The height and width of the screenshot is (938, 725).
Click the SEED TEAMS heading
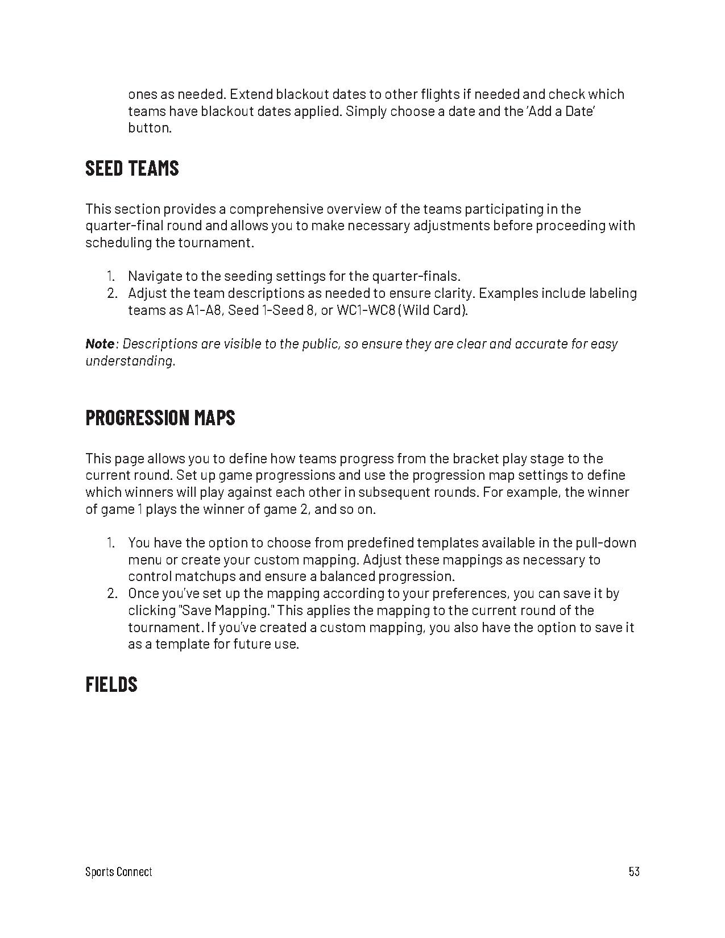[132, 168]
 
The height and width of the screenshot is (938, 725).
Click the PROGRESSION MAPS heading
[160, 418]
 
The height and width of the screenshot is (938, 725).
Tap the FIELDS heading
[111, 684]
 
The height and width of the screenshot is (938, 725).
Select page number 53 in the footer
[634, 871]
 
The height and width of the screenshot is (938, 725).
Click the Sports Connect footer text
[118, 871]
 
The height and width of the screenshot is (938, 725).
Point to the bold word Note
[100, 344]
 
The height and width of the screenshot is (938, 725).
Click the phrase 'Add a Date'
[561, 111]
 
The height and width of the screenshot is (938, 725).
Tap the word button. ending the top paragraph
[150, 128]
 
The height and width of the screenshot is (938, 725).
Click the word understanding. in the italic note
[130, 361]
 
